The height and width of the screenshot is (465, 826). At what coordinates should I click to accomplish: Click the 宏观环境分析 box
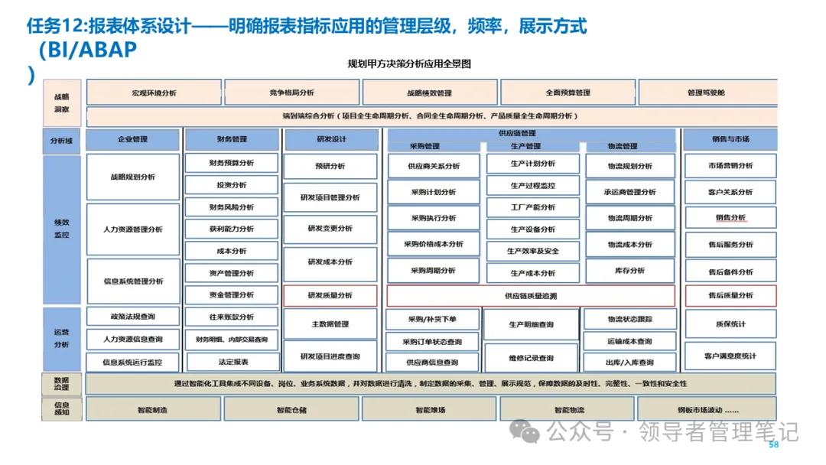[154, 93]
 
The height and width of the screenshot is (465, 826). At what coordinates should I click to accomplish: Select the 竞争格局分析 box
[291, 93]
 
